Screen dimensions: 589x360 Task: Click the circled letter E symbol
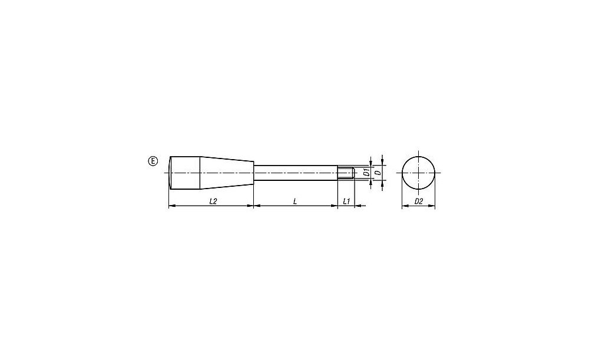(x=153, y=161)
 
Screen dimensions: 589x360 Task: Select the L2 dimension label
(x=213, y=202)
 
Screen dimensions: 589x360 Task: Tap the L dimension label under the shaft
(x=295, y=202)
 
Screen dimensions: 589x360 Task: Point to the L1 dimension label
(x=346, y=202)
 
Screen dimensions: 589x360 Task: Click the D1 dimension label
(x=366, y=173)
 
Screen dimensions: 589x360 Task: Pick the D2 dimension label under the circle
(x=418, y=202)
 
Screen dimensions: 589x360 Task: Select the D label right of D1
(x=378, y=173)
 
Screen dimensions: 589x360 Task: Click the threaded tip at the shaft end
(x=346, y=173)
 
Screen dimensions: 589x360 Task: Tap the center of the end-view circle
(x=418, y=173)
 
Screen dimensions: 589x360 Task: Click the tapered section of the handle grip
(x=227, y=173)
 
